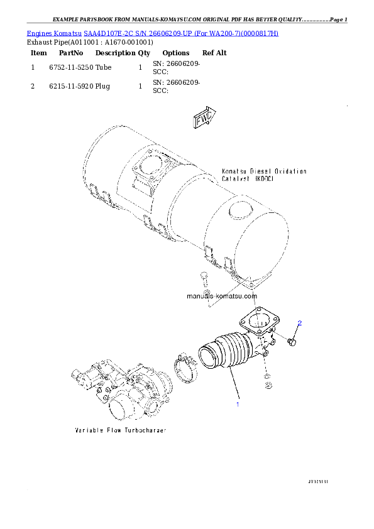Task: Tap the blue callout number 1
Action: tap(238, 404)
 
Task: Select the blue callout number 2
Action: tap(300, 324)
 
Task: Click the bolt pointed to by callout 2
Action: tap(292, 342)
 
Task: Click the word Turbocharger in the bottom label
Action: tap(144, 431)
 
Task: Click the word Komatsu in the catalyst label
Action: tap(234, 171)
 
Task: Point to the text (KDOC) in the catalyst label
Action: tap(263, 178)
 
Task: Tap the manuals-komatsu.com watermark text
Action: tap(222, 295)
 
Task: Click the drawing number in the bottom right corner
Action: tap(319, 481)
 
